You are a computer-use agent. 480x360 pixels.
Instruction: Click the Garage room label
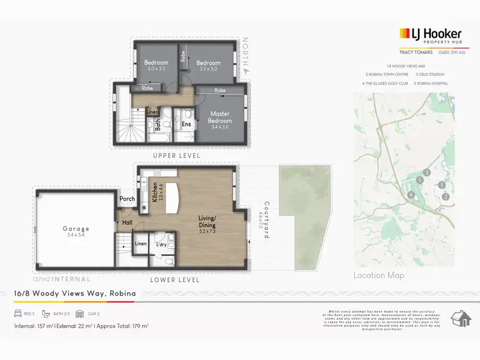tap(76, 229)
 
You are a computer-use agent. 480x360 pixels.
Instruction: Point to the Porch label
tap(127, 199)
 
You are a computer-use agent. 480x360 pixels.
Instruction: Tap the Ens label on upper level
tap(186, 124)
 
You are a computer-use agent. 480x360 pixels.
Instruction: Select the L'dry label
tap(161, 244)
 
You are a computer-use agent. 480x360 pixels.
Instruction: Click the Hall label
tap(127, 223)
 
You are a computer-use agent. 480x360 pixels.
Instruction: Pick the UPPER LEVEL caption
tap(176, 155)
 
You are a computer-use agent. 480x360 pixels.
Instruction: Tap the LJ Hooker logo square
tap(404, 34)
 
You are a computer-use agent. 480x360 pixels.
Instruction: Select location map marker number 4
tap(412, 195)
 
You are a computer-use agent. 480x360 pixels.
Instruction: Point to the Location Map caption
tap(378, 276)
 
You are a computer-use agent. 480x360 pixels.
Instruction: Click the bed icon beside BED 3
tap(19, 314)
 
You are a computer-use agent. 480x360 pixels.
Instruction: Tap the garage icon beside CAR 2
tap(79, 314)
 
